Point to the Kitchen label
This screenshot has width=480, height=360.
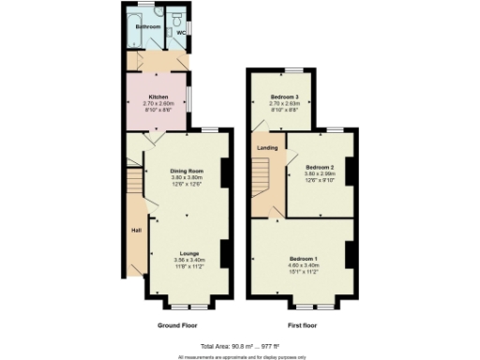pos(157,96)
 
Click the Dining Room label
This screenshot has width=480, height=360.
pos(187,171)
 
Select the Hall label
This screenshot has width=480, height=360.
pos(135,228)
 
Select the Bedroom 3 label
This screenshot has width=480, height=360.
pos(285,97)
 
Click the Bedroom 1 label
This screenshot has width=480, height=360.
pos(302,257)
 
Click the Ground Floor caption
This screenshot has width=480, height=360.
pos(177,324)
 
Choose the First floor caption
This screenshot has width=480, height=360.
pos(302,324)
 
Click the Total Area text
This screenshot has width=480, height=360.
pos(239,346)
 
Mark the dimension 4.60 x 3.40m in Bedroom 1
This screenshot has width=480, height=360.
pos(302,264)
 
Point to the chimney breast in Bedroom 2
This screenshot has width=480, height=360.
pos(350,171)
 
